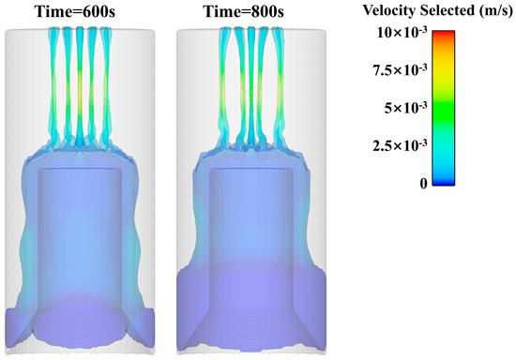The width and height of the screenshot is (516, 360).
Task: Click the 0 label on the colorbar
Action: [x=423, y=184]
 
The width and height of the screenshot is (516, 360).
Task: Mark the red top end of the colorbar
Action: [x=445, y=35]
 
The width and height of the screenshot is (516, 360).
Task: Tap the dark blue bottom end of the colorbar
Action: [x=445, y=182]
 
